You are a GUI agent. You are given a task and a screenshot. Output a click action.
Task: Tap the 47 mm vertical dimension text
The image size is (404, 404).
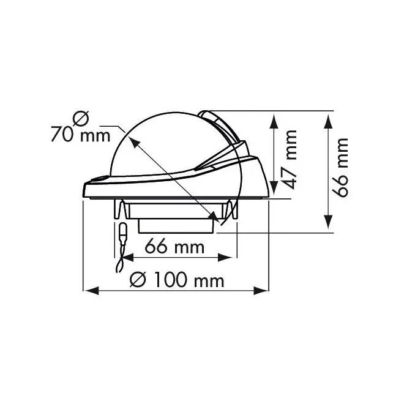[x=288, y=160]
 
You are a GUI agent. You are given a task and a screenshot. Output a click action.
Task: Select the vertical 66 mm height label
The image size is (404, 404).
[x=340, y=168]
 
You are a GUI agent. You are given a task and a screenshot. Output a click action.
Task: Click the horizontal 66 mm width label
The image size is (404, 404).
[x=174, y=247]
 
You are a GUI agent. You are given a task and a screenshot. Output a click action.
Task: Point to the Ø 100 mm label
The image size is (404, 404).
[x=177, y=280]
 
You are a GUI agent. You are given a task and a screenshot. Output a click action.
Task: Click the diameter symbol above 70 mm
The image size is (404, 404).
[x=81, y=118]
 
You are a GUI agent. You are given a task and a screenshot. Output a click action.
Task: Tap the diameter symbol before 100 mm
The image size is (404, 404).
[x=138, y=280]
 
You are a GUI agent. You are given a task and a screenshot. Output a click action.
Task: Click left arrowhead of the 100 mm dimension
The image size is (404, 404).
[x=92, y=291]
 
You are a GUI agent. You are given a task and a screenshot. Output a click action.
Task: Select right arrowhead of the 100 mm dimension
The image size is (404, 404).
[x=261, y=291]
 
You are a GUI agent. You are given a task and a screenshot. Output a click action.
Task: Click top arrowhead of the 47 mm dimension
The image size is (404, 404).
[x=274, y=122]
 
